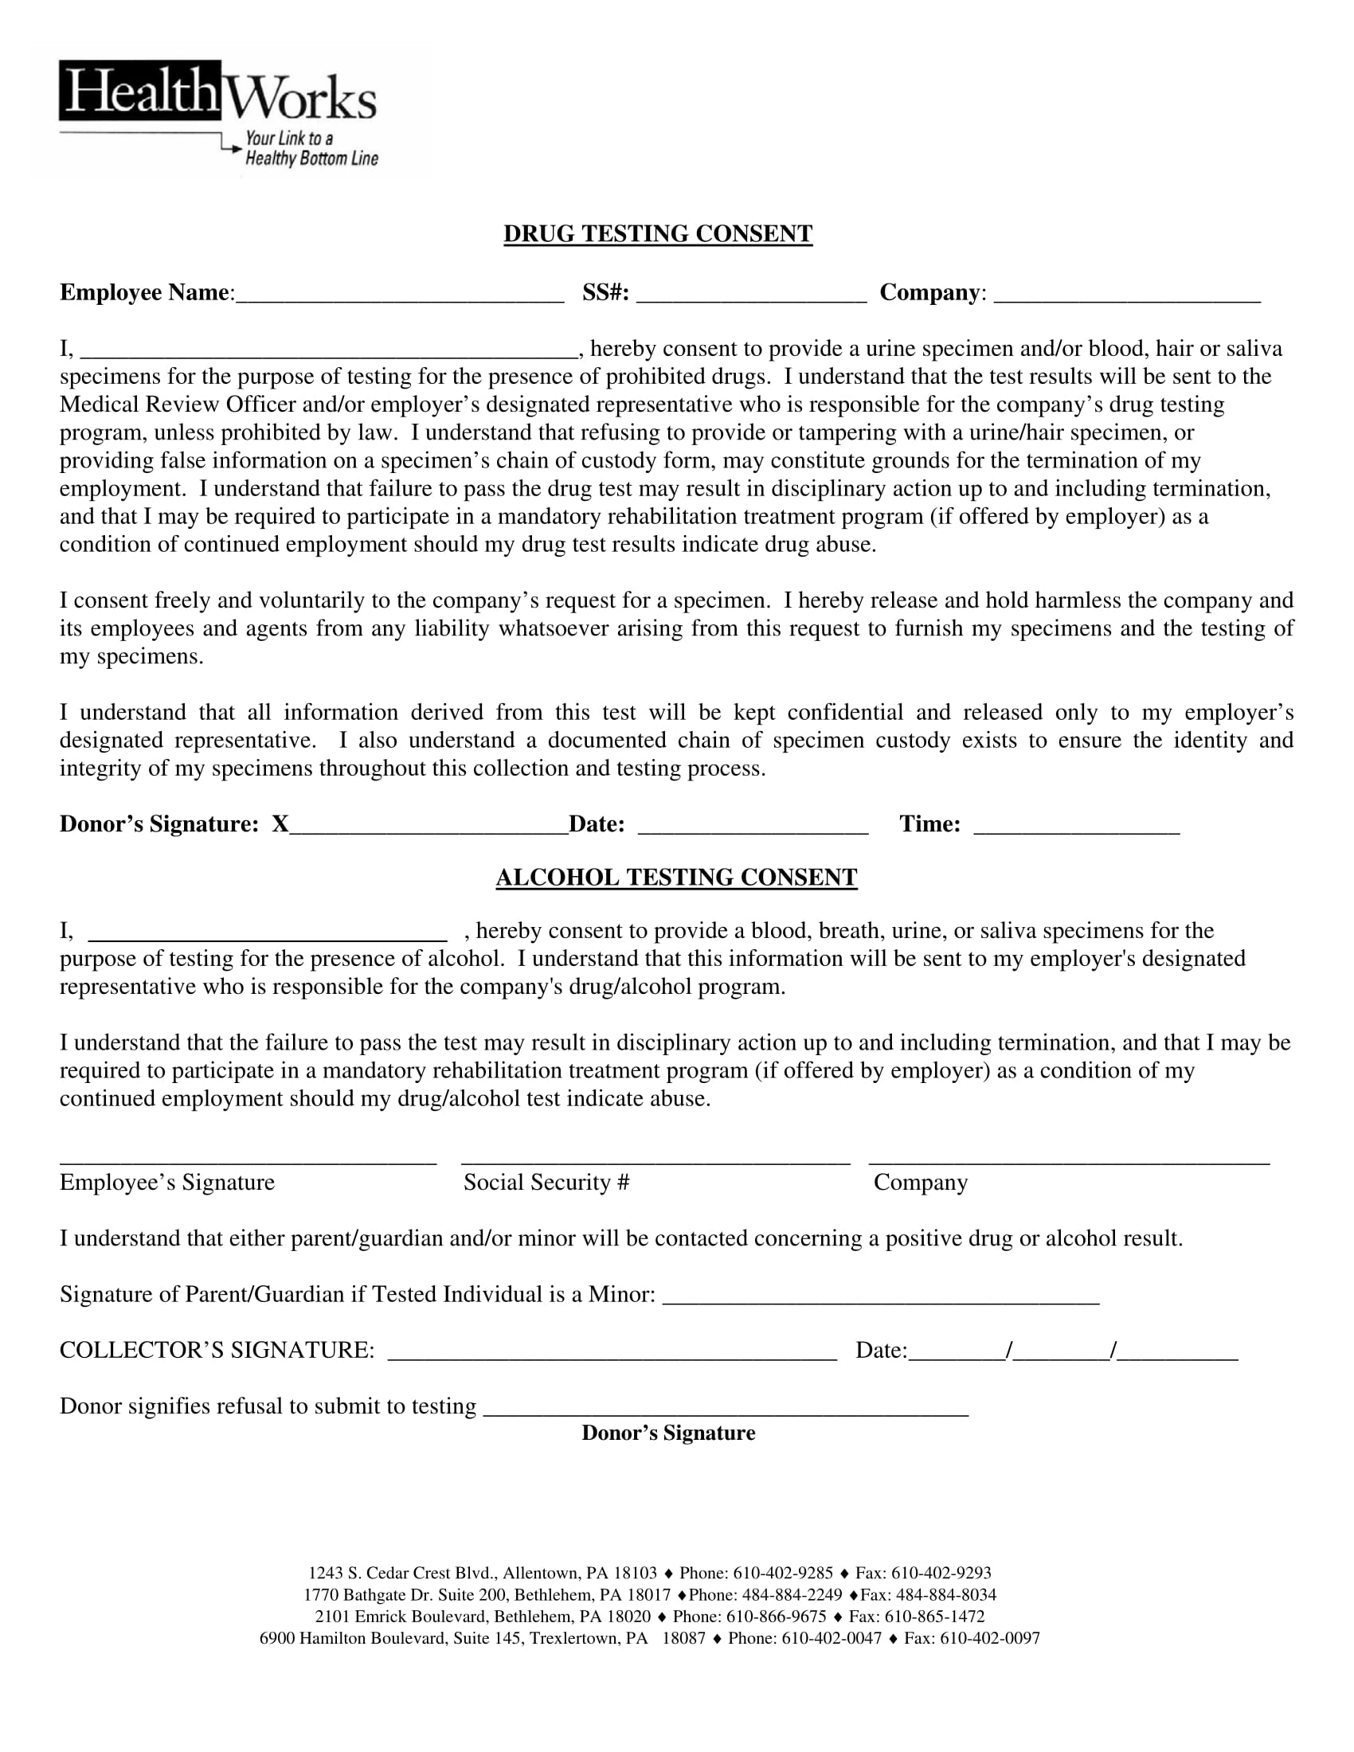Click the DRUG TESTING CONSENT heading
[658, 233]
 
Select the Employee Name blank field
[400, 295]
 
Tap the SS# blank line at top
[751, 295]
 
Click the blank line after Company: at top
[1126, 295]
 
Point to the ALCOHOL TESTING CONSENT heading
[676, 877]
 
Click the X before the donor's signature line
[280, 824]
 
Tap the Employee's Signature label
[166, 1183]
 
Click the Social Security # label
[546, 1183]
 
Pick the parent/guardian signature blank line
[881, 1297]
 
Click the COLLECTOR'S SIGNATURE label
[217, 1350]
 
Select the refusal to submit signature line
[725, 1410]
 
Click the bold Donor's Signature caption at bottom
[668, 1433]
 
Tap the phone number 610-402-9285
[783, 1573]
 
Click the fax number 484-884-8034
[945, 1595]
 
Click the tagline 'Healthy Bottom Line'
[311, 158]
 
